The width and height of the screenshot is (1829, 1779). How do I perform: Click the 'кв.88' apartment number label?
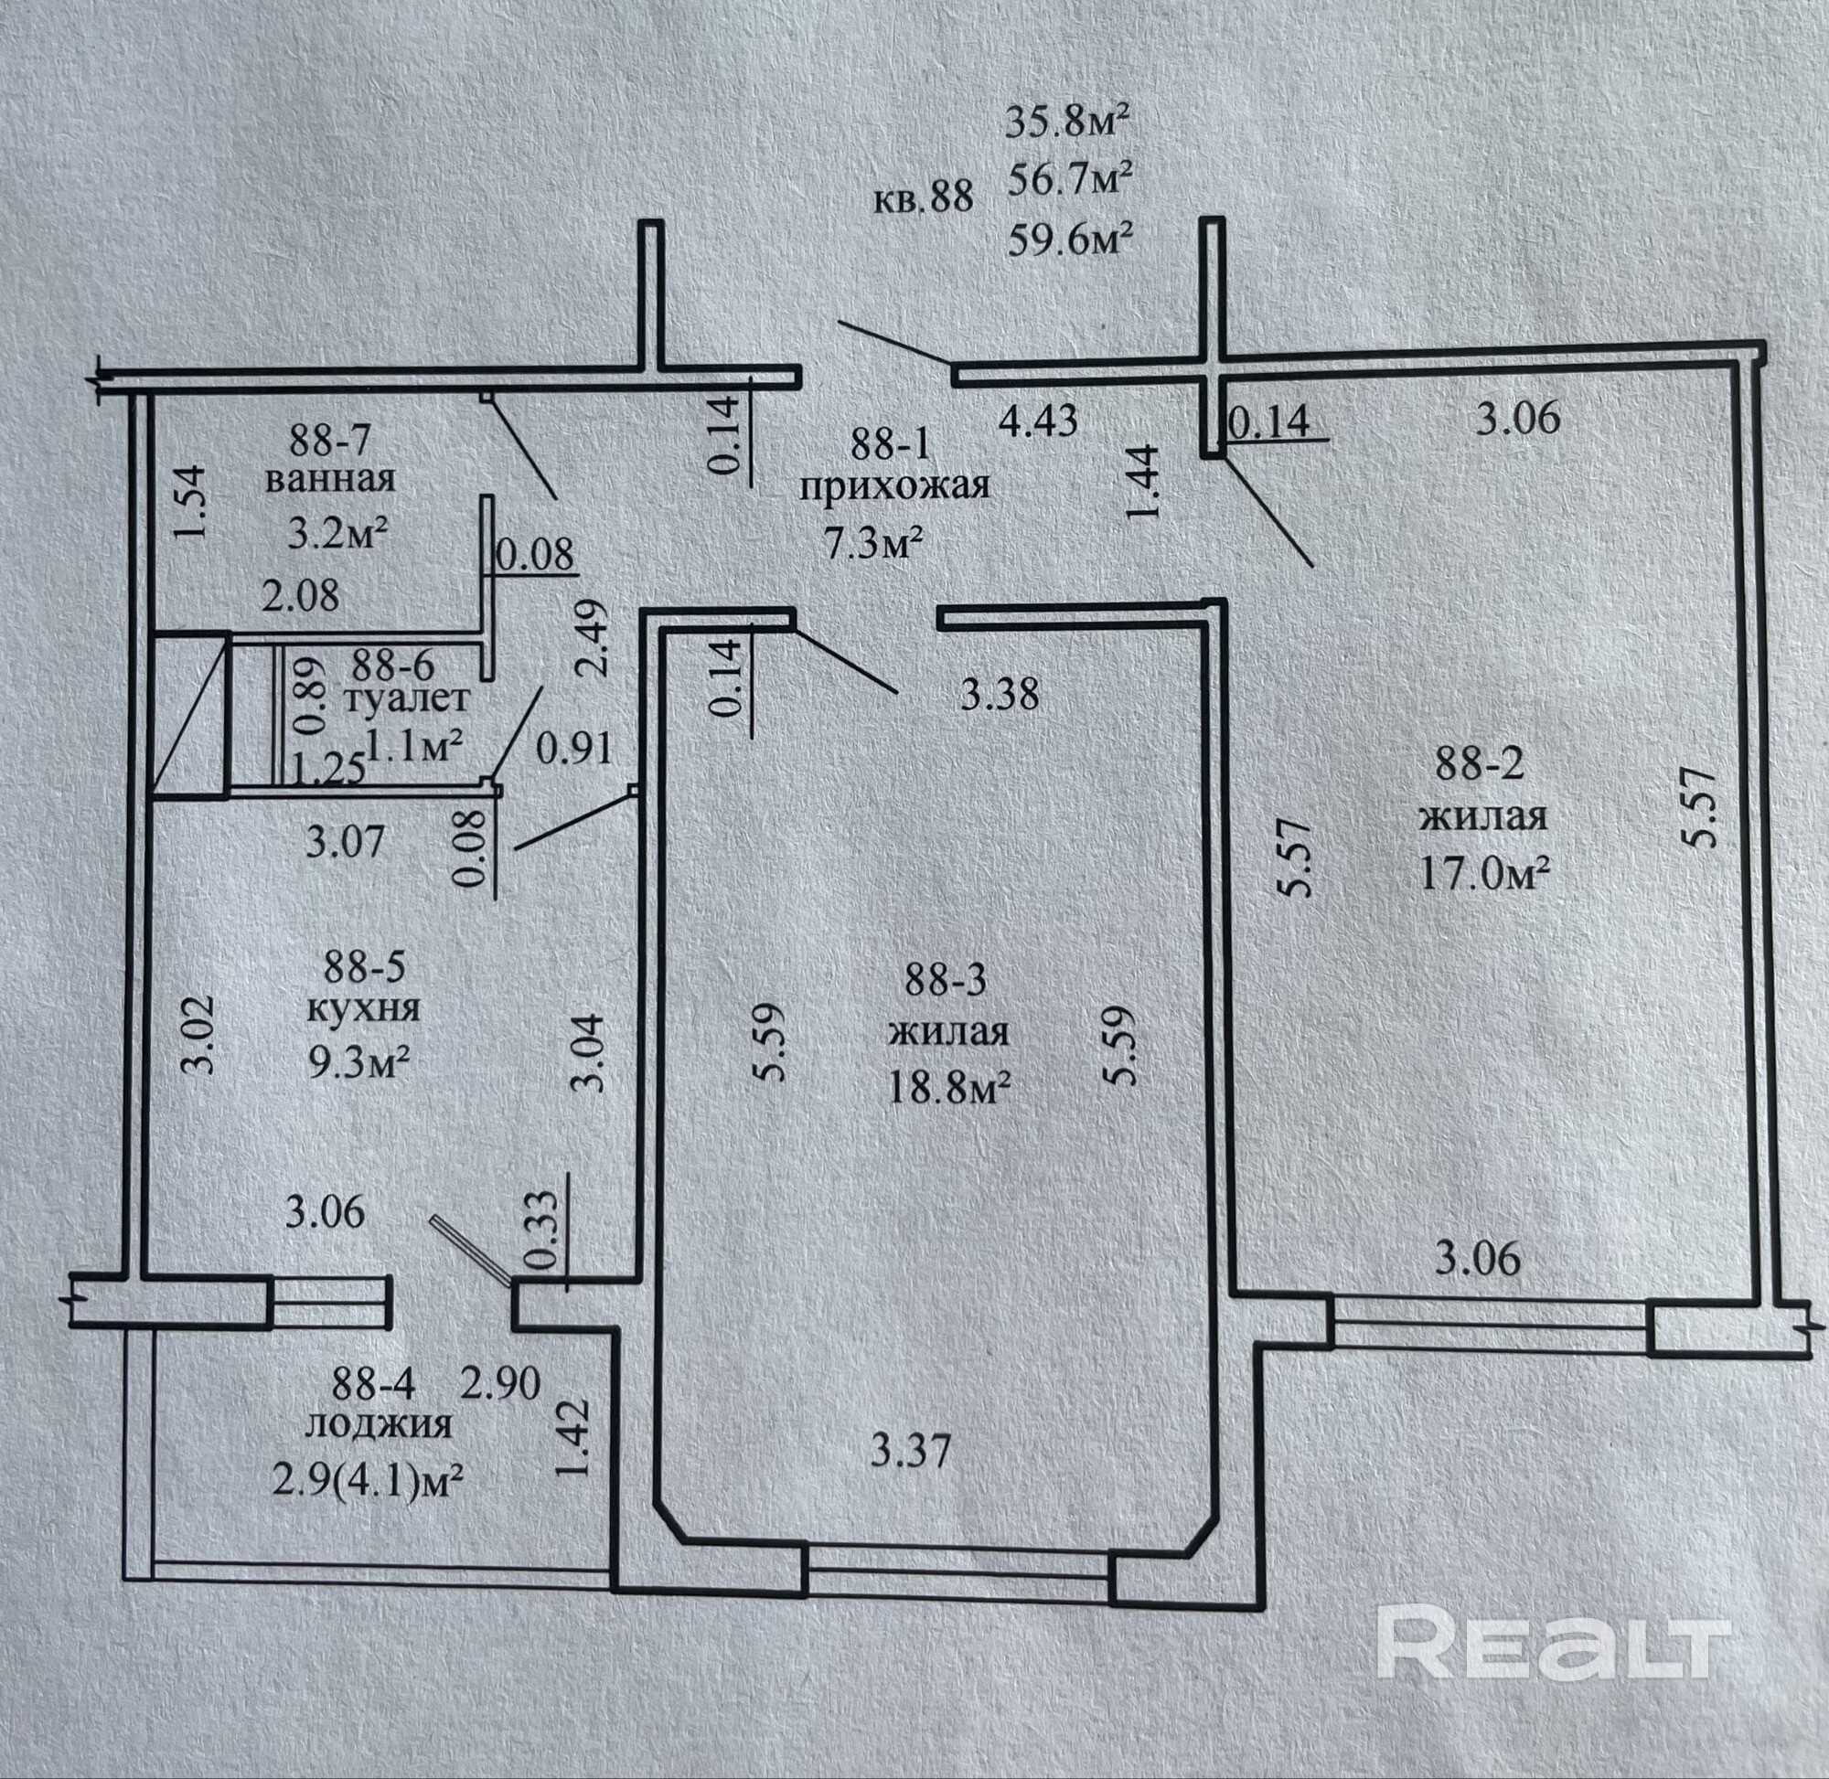pyautogui.click(x=924, y=199)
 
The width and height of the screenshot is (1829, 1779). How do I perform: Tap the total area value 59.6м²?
pyautogui.click(x=1071, y=242)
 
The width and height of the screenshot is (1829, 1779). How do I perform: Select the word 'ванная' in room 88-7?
pyautogui.click(x=330, y=480)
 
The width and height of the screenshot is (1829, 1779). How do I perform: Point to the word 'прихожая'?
pyautogui.click(x=893, y=486)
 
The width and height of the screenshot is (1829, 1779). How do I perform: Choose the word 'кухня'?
pyautogui.click(x=364, y=1009)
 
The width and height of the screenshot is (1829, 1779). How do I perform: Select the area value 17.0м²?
pyautogui.click(x=1485, y=876)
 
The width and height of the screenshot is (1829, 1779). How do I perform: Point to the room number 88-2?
pyautogui.click(x=1480, y=765)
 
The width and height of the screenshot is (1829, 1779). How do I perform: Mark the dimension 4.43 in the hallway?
pyautogui.click(x=1038, y=421)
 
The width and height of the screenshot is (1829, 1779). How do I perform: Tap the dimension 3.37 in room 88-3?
pyautogui.click(x=910, y=1452)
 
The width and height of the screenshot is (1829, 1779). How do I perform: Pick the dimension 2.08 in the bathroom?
pyautogui.click(x=300, y=595)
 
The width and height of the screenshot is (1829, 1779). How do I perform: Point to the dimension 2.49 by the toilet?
pyautogui.click(x=596, y=637)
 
